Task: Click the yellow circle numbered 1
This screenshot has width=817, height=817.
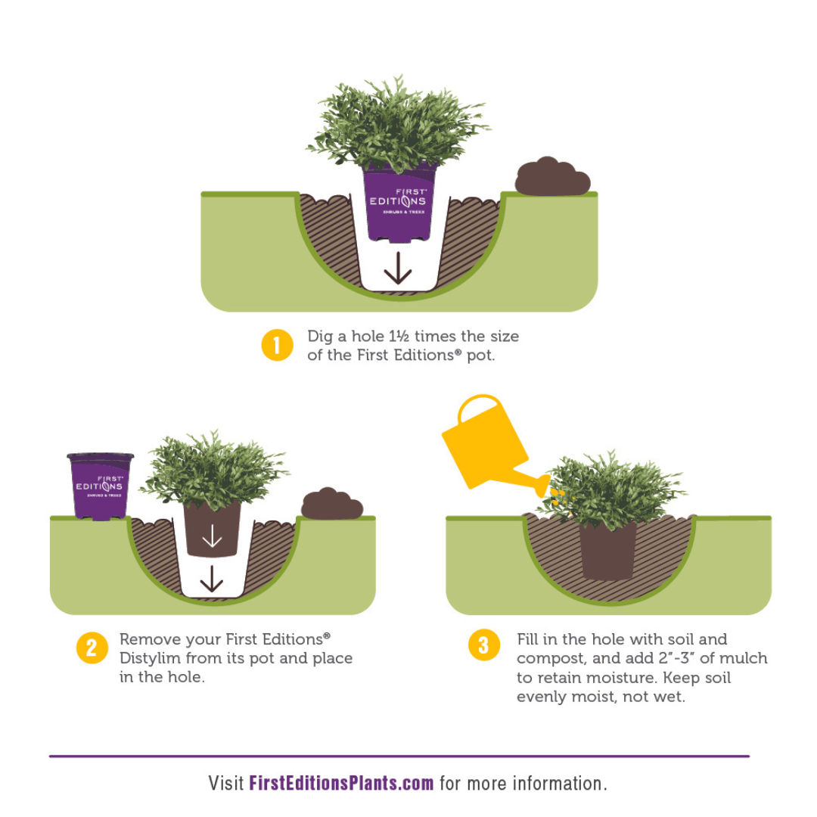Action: coord(277,345)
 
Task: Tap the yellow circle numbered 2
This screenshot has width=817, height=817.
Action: coord(92,648)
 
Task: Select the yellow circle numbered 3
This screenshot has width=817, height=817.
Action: coord(483,645)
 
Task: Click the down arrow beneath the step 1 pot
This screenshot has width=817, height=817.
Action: coord(398,268)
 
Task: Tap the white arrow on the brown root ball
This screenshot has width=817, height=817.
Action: coord(212,536)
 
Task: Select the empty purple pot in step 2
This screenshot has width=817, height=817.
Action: coord(100,486)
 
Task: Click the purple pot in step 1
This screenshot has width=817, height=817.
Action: coord(399,203)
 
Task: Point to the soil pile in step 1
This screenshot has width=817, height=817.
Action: coord(552,176)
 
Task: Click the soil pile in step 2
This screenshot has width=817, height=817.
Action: coord(332,504)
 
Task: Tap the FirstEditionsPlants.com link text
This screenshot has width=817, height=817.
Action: coord(341,783)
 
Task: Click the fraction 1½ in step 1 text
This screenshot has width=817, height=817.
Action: coord(399,337)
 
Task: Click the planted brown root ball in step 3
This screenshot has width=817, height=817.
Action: coord(608,551)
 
